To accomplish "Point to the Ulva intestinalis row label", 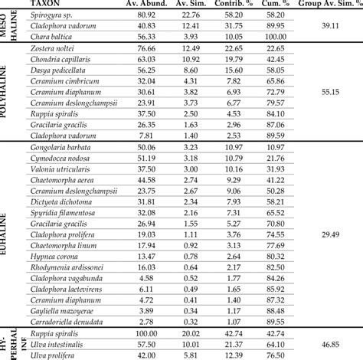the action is pyautogui.click(x=57, y=345).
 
